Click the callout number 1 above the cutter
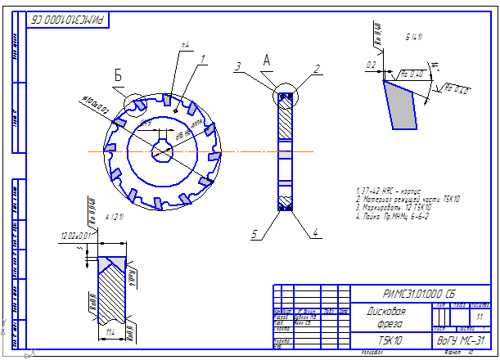coord(202,58)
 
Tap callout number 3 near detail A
coord(237,65)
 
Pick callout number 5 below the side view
coord(255,235)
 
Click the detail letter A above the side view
coord(266,60)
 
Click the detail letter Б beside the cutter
coord(118,76)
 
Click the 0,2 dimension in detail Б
coord(371,64)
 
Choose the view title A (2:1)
coord(92,216)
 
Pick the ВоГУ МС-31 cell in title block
coord(462,340)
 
